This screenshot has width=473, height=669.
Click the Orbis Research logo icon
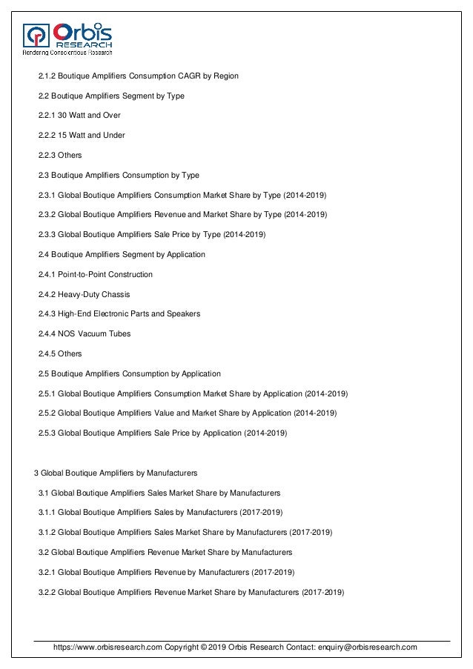(x=36, y=34)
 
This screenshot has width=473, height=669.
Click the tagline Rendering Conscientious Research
(x=67, y=53)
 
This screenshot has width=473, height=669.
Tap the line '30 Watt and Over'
(x=89, y=116)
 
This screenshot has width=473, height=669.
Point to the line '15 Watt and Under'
(x=91, y=136)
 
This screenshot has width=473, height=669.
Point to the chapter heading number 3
(x=37, y=472)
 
